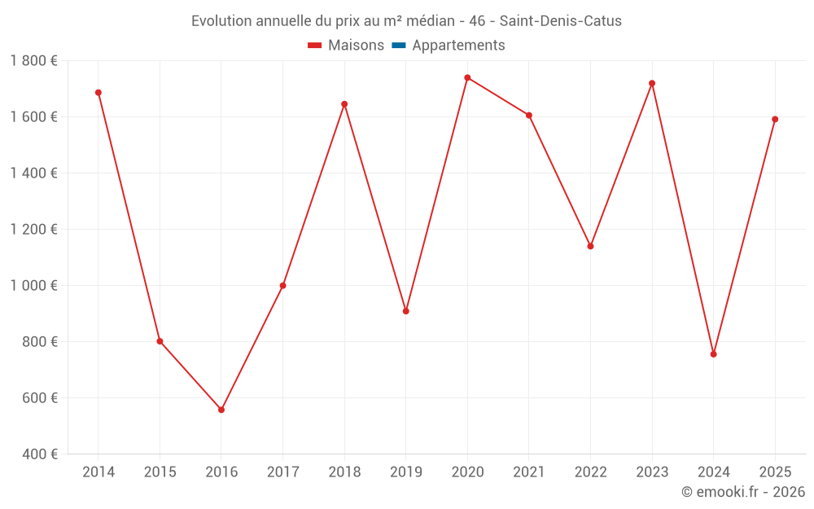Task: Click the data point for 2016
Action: point(221,410)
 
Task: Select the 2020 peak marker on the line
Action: point(467,78)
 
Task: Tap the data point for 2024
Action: point(713,354)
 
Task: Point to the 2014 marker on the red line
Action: point(98,93)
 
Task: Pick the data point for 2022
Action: point(590,246)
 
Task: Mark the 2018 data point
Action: point(344,104)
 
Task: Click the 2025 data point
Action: point(775,120)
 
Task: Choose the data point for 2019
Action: point(406,311)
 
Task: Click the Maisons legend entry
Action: point(346,45)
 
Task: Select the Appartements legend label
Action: point(458,45)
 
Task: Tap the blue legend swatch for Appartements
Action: point(399,45)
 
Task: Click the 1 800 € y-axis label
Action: point(33,61)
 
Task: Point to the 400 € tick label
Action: point(39,454)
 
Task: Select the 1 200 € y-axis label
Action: point(33,229)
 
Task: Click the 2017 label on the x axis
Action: point(283,472)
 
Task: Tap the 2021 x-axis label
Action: point(529,472)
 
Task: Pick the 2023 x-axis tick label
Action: point(652,472)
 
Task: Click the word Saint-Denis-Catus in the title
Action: point(561,21)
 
